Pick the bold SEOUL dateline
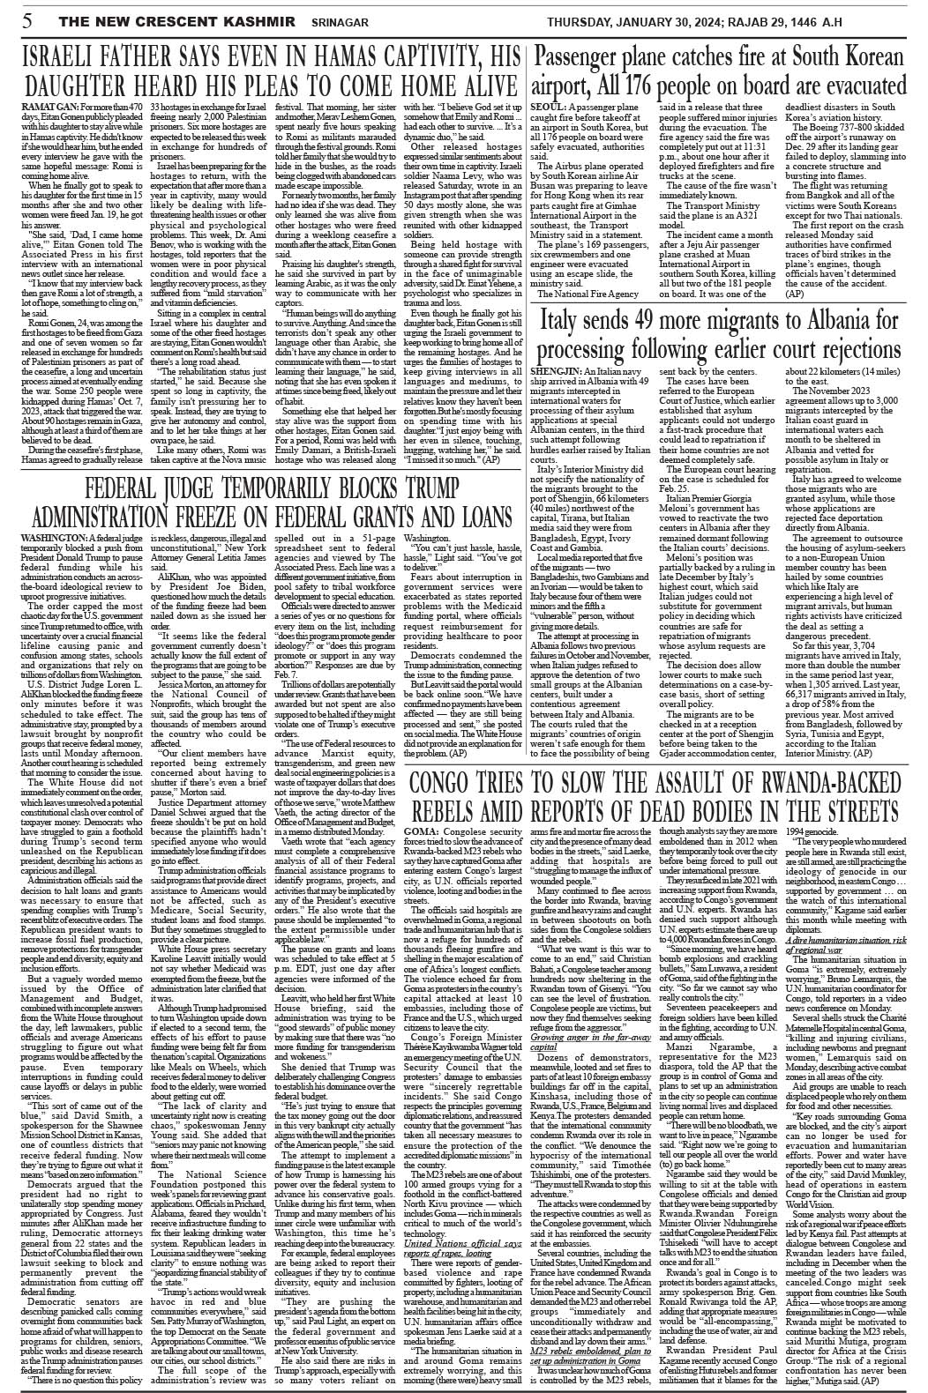coord(547,106)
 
